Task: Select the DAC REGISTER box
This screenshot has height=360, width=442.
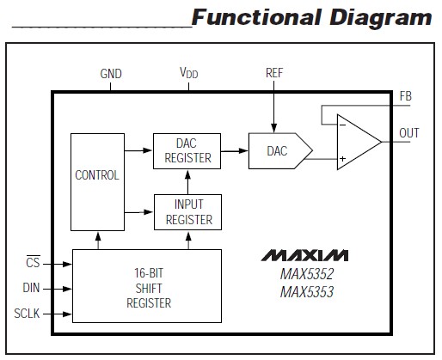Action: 187,150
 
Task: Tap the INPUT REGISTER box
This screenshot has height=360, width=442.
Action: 187,211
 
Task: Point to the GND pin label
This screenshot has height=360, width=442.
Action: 111,74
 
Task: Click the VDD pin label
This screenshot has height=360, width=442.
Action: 187,74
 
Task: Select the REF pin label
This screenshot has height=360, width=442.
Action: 274,74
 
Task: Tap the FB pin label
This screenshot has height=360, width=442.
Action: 405,97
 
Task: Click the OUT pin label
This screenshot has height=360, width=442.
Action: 409,132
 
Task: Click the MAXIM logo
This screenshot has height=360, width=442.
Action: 304,256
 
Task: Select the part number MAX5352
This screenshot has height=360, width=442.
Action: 304,276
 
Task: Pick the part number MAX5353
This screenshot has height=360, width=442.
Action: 304,293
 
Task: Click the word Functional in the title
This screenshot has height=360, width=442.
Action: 252,17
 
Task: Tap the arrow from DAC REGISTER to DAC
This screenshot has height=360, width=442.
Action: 233,157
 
